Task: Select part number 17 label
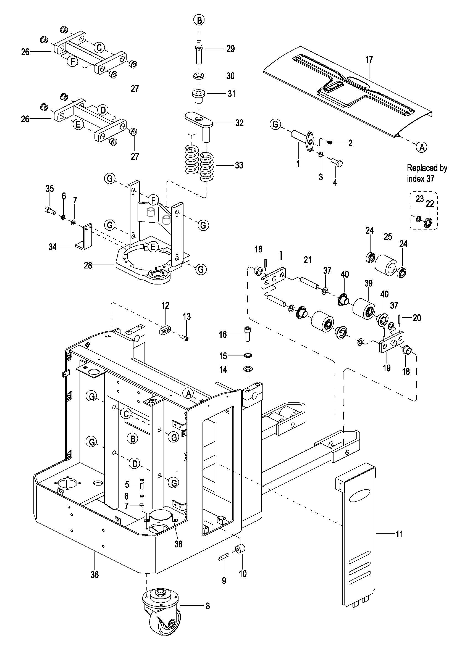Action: (x=369, y=59)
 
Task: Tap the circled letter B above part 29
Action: (x=199, y=20)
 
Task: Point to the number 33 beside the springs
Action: (x=239, y=165)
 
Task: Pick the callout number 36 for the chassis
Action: (x=94, y=574)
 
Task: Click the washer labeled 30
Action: (x=199, y=76)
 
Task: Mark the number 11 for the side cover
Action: (x=399, y=534)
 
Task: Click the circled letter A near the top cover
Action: (x=421, y=147)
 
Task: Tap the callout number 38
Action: (x=178, y=544)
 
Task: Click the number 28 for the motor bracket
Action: (x=88, y=265)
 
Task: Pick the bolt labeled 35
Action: (x=50, y=210)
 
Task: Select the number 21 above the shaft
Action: (x=308, y=260)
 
